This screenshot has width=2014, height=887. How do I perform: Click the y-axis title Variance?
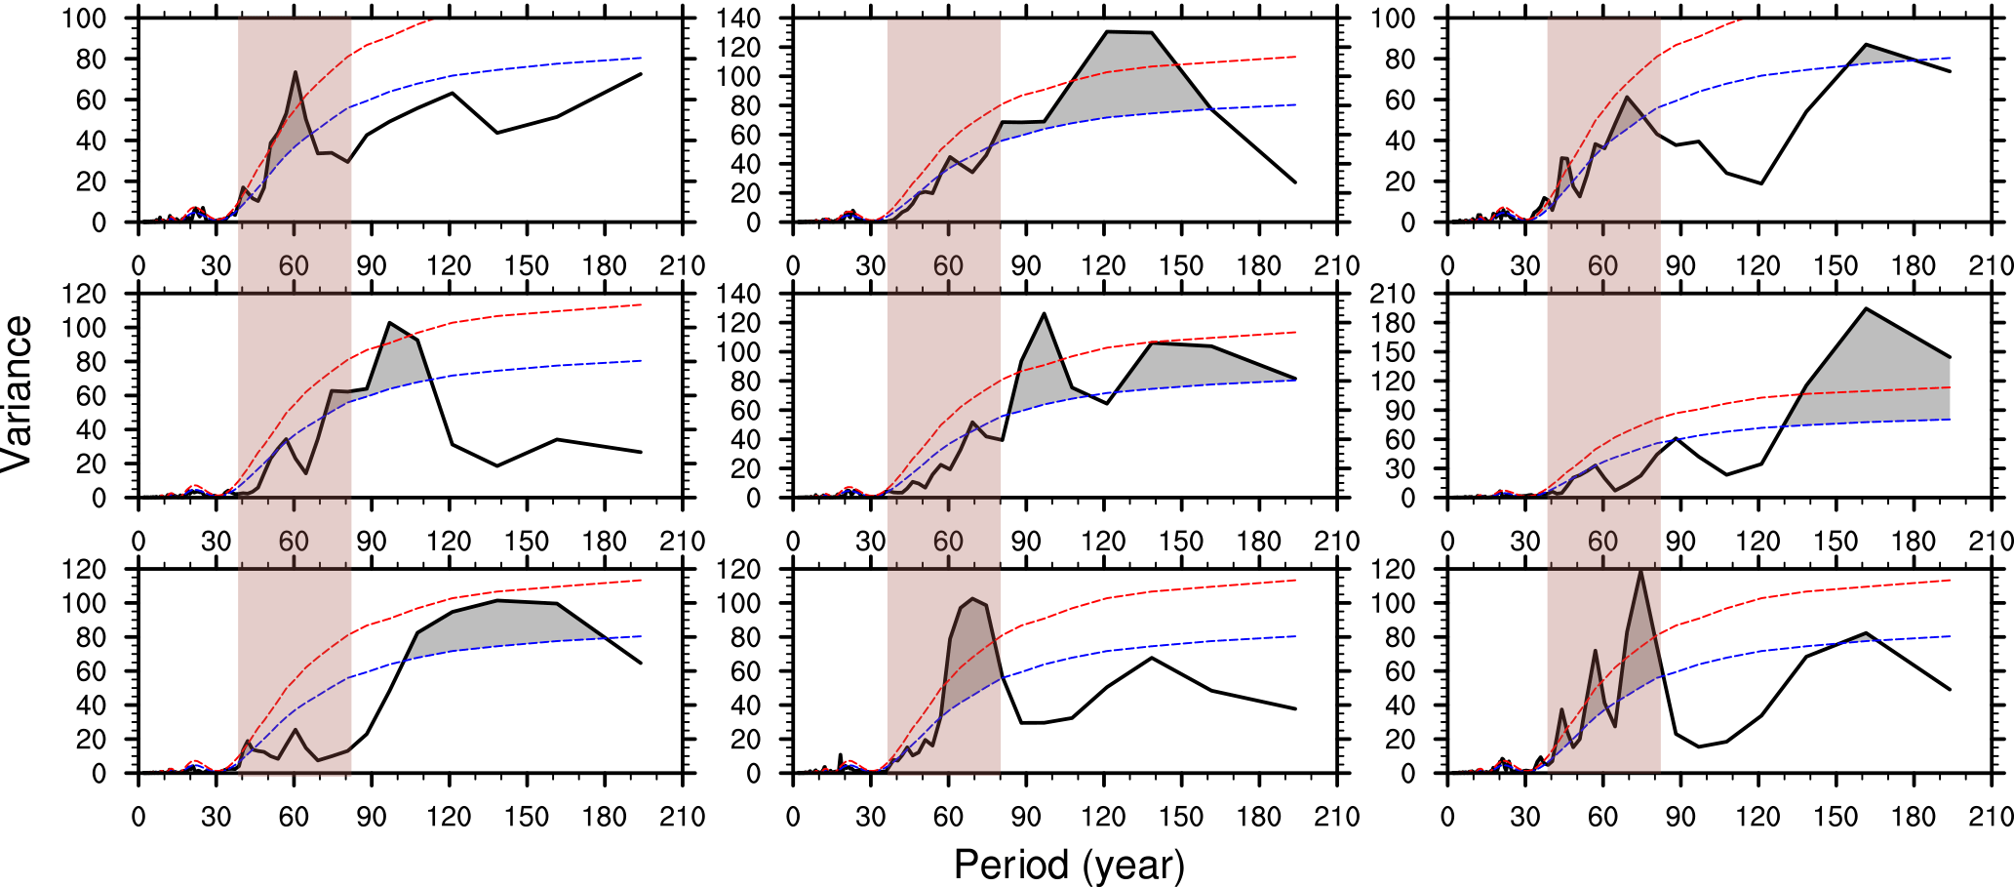(18, 393)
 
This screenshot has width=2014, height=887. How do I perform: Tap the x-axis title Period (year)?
(1069, 865)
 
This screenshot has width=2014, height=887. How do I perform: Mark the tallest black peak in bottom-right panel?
(1640, 571)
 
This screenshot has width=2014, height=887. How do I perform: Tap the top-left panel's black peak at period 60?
(295, 71)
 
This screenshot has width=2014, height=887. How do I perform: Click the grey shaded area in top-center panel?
(1112, 78)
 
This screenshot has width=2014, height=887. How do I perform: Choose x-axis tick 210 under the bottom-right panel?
(1991, 817)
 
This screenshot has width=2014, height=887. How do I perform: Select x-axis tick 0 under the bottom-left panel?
(138, 817)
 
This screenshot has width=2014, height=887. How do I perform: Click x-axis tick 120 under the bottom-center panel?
(1103, 817)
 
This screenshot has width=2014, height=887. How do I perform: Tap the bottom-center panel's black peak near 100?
(972, 599)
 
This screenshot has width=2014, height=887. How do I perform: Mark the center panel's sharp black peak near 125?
(1045, 313)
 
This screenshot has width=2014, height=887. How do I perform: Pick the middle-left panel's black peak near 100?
(390, 323)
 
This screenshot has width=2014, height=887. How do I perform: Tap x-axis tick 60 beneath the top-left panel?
(294, 266)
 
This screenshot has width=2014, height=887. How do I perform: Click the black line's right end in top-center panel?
(1295, 182)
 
